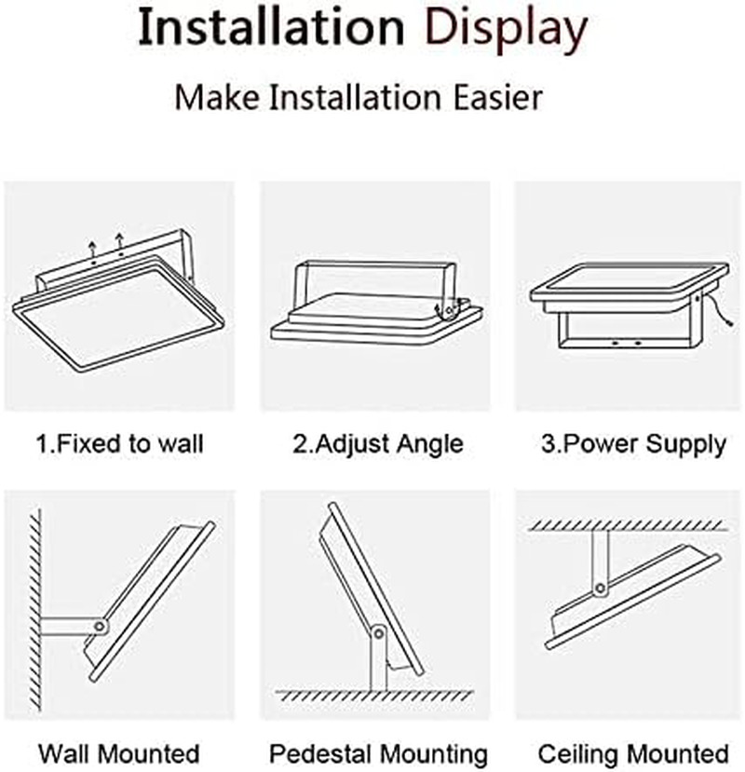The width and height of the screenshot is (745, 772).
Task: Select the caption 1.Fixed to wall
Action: [119, 444]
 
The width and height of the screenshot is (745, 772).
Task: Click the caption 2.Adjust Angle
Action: [377, 444]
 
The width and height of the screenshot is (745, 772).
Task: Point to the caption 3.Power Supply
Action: [633, 444]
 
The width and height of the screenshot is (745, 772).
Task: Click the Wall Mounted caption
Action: [119, 752]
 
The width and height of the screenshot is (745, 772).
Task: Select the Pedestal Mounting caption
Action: [378, 752]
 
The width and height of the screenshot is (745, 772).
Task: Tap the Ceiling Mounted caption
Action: [633, 752]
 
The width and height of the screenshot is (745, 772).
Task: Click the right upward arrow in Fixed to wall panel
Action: [120, 245]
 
